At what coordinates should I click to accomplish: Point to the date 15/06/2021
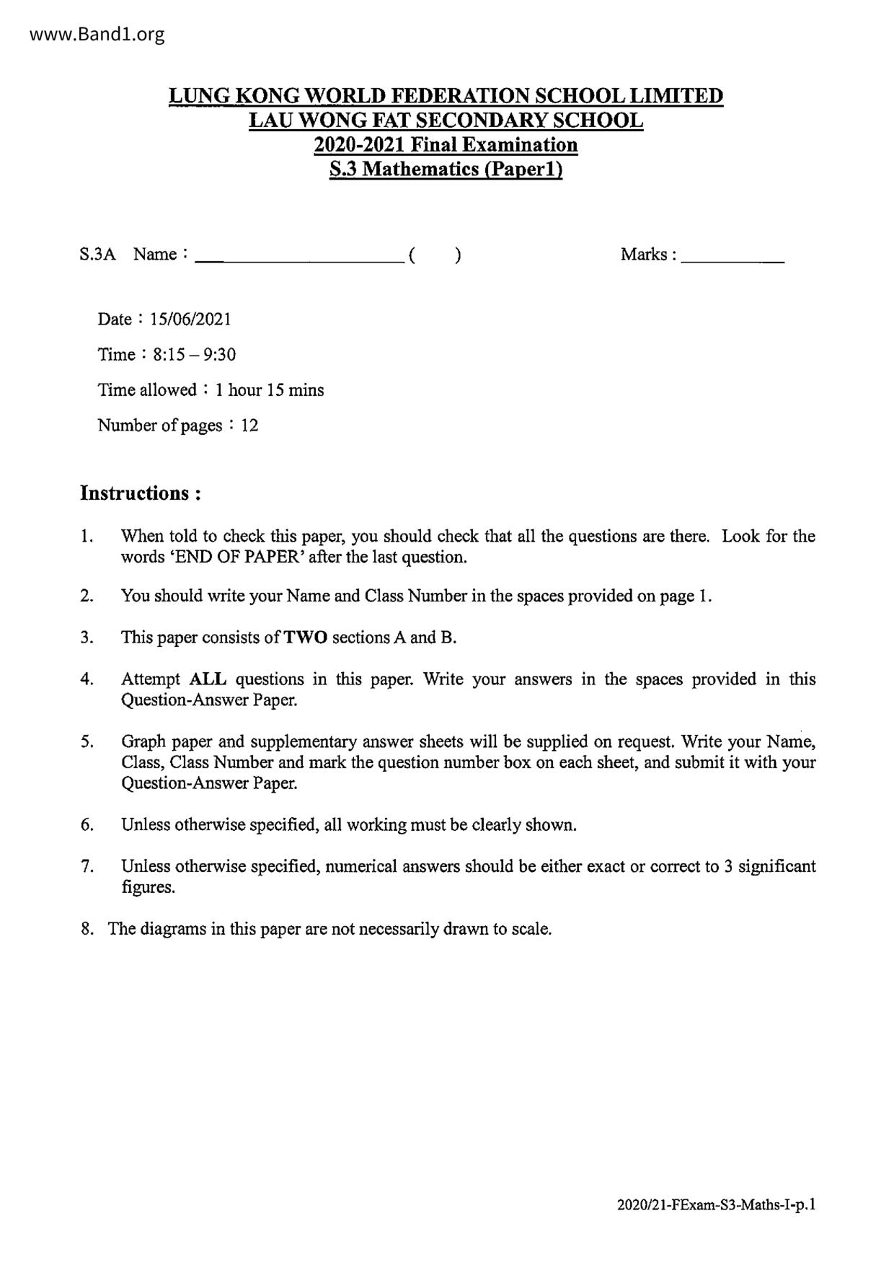(190, 319)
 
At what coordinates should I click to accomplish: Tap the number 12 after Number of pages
(249, 425)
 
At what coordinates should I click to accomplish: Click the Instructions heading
(140, 493)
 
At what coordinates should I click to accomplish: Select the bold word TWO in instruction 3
(306, 638)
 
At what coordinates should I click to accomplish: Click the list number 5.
(87, 741)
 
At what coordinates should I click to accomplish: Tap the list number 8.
(87, 928)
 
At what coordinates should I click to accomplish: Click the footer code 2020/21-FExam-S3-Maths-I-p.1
(717, 1204)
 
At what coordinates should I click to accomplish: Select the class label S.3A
(97, 254)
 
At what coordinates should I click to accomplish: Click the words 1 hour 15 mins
(270, 390)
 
